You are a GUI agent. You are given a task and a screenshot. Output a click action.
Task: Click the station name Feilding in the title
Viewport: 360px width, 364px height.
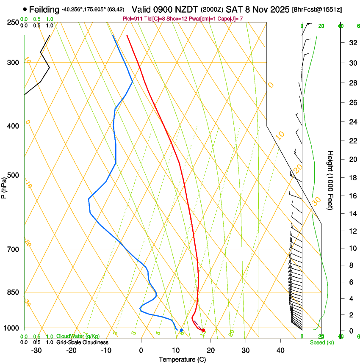[x=44, y=9]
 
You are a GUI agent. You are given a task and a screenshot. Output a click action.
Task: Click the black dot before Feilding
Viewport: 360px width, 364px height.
[x=25, y=9]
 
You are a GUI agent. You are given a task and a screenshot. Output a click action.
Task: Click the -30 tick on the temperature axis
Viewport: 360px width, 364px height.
[x=36, y=350]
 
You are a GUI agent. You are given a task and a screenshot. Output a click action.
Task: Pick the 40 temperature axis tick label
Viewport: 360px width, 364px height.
[x=280, y=350]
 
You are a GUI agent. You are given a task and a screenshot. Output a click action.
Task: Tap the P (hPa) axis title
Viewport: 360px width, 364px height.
[x=4, y=187]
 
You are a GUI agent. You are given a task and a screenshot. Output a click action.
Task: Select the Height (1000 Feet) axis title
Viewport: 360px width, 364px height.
[x=330, y=180]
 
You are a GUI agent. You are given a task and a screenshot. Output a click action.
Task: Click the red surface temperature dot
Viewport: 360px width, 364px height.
[x=204, y=330]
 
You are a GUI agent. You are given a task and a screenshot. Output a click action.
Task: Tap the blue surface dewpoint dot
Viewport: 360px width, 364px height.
[x=181, y=330]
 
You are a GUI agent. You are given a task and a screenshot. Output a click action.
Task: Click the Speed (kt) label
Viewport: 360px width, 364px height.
[x=321, y=342]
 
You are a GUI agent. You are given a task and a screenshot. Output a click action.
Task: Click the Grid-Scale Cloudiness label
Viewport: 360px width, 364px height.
[x=82, y=342]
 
